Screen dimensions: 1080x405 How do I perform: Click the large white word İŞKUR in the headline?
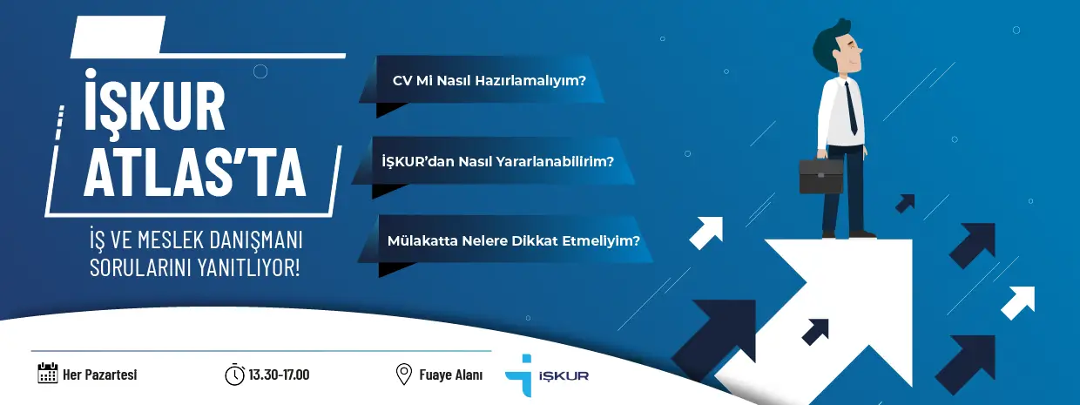[154, 100]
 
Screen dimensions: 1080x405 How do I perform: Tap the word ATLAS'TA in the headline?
[195, 172]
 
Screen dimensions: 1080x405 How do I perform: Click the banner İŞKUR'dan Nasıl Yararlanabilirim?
[493, 160]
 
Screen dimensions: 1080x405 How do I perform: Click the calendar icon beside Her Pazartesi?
[48, 373]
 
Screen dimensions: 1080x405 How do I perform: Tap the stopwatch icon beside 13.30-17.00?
[235, 375]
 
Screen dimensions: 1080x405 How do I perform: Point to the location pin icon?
[403, 375]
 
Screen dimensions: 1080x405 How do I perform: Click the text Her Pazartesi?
[100, 375]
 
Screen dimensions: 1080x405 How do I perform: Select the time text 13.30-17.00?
[280, 375]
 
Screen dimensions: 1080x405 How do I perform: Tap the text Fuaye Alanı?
[451, 375]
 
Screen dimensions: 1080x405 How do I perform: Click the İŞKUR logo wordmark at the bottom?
[564, 375]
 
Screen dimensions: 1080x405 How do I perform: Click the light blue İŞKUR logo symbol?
[520, 375]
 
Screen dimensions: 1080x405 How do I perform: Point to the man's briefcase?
[820, 174]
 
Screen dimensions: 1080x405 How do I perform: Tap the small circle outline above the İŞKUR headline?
[260, 71]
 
